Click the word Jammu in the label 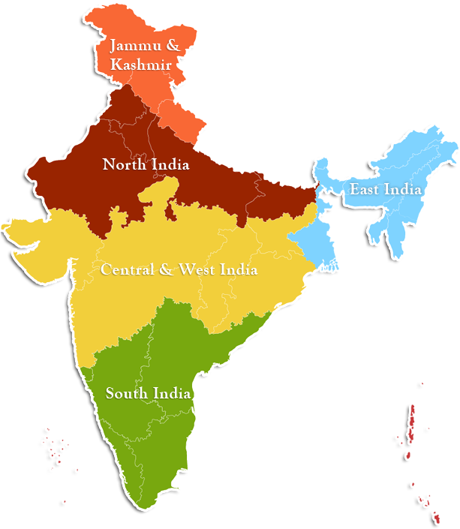tap(133, 46)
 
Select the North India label tap(146, 164)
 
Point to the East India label tap(385, 190)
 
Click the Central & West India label tap(179, 269)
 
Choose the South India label tap(147, 393)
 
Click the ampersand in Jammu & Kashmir tap(173, 46)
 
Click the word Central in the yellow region tap(128, 269)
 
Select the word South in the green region tap(127, 393)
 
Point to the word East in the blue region tap(365, 190)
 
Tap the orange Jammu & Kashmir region tap(180, 105)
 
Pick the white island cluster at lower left tap(54, 444)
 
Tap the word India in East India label tap(403, 190)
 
